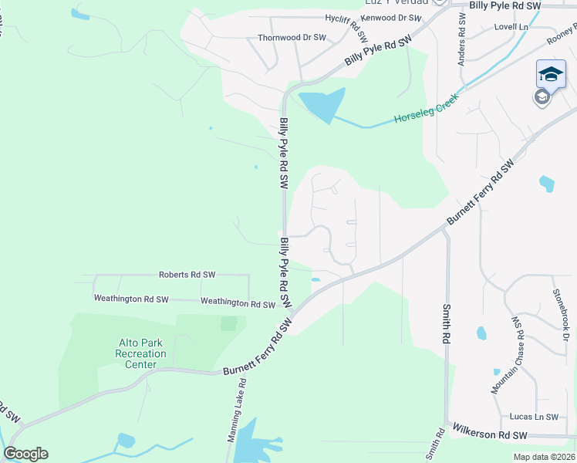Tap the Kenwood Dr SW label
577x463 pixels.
(391, 17)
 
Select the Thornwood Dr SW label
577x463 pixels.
(292, 37)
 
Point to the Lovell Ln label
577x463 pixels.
(511, 26)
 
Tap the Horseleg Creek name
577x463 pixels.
(426, 110)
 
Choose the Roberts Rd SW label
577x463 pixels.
(187, 274)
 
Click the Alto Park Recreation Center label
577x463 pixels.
(136, 353)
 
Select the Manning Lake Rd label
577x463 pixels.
(237, 409)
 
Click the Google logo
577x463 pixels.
(25, 454)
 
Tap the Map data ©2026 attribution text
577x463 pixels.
(544, 457)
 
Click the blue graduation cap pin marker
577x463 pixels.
(551, 75)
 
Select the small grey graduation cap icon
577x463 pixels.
(542, 96)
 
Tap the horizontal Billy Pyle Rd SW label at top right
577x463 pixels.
(505, 5)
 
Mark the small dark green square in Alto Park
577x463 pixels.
(228, 323)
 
